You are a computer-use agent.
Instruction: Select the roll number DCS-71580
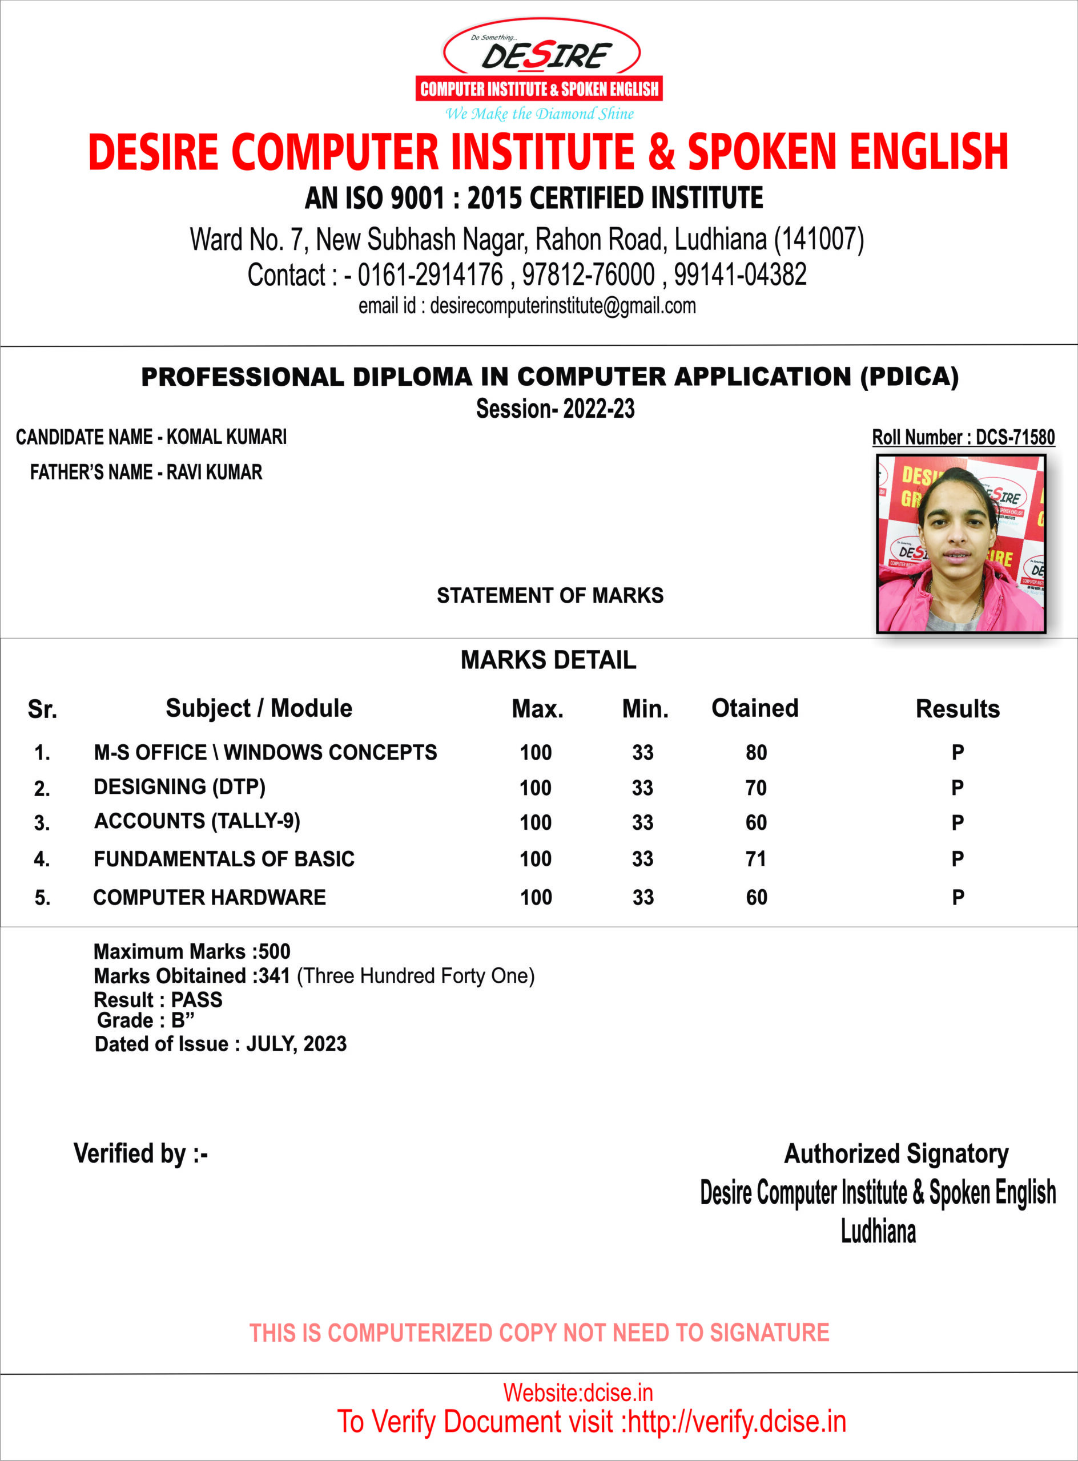(1015, 437)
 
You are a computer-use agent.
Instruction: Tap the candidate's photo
(960, 544)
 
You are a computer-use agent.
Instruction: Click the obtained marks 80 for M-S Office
(757, 753)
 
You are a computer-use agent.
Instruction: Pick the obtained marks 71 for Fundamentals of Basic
(755, 859)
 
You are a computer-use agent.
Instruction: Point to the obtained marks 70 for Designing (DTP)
(755, 788)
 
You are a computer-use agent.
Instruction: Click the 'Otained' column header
(754, 708)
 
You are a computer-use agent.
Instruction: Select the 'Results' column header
(958, 709)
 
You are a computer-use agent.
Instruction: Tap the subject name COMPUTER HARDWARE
(210, 898)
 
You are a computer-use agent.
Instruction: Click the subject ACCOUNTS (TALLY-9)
(197, 821)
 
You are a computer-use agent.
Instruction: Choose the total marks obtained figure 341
(274, 976)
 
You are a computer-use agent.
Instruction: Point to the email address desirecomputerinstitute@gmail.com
(562, 306)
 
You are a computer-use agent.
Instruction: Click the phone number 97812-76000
(588, 275)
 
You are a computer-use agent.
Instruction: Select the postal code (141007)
(818, 239)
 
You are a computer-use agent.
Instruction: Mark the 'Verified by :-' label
(140, 1153)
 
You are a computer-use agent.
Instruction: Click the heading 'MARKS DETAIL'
(548, 660)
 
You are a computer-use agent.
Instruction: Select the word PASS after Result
(196, 1000)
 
